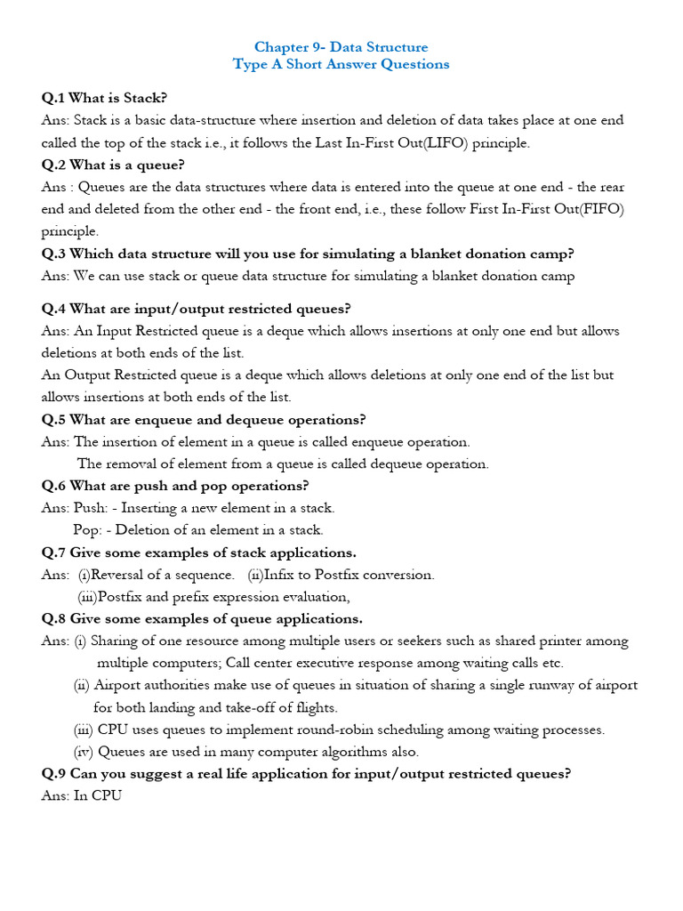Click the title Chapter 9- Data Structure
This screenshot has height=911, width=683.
(x=341, y=47)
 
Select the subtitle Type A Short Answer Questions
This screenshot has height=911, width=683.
(x=341, y=64)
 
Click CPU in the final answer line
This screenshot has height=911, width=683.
(x=106, y=796)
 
